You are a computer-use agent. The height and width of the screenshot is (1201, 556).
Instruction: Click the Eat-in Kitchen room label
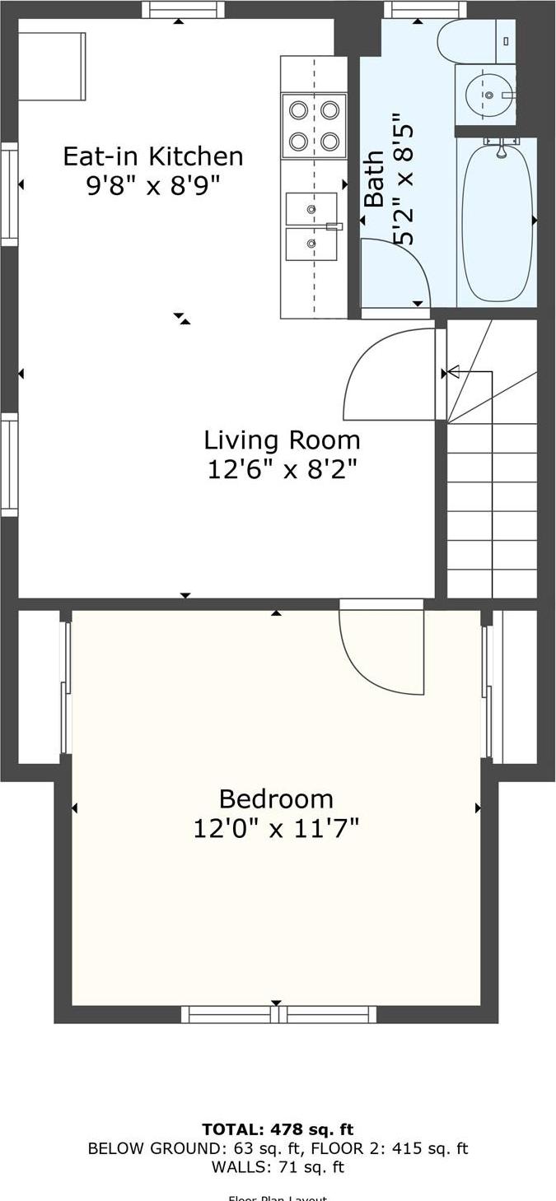(x=153, y=156)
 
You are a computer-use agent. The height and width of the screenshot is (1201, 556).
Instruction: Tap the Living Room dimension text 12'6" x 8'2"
(x=282, y=469)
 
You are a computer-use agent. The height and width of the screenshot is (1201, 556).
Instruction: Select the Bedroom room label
(x=276, y=798)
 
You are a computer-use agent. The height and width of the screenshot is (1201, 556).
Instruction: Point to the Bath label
(x=374, y=179)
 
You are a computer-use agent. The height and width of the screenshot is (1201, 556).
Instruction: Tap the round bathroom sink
(x=487, y=95)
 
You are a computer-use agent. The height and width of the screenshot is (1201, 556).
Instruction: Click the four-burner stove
(x=314, y=126)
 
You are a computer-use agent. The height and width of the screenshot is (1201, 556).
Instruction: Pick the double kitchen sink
(x=311, y=226)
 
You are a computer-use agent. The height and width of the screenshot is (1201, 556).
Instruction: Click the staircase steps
(x=492, y=494)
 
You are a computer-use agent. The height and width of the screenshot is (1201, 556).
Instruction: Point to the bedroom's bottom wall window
(x=278, y=1014)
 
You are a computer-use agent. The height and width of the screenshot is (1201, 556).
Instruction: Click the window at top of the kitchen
(x=183, y=9)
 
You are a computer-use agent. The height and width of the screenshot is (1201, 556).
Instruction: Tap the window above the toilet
(x=425, y=9)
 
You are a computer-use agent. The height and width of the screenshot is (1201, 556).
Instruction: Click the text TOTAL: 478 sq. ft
(x=278, y=1129)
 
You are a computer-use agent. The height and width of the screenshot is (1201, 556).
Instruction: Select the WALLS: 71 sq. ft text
(x=278, y=1166)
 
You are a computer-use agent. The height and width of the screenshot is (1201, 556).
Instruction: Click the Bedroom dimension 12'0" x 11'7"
(x=276, y=828)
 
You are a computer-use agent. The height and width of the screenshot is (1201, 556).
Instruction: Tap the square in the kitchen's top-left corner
(x=52, y=66)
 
